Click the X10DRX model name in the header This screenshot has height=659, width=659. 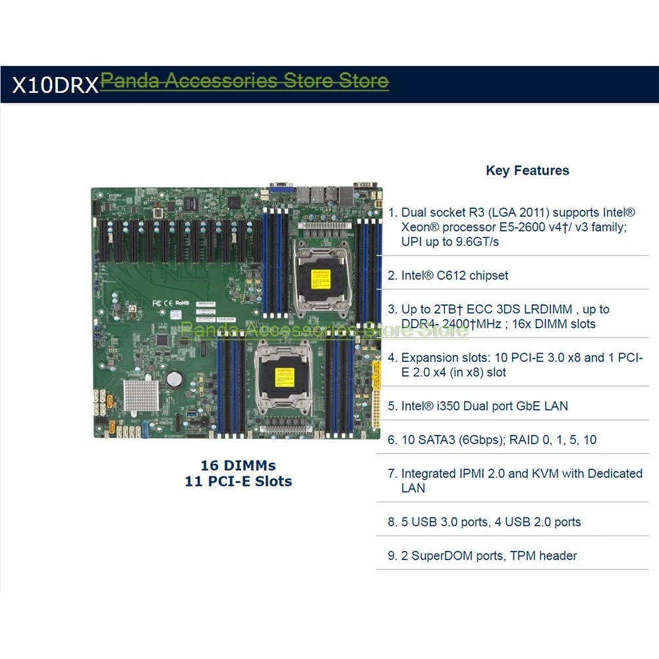pos(55,85)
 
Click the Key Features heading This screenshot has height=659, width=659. pos(527,171)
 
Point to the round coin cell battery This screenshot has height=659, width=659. pos(174,378)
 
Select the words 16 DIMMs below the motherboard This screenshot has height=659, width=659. pos(238,465)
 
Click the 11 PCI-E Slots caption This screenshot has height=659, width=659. pos(238,481)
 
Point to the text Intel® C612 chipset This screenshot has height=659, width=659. pos(455,275)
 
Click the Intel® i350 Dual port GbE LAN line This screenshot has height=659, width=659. pos(484,406)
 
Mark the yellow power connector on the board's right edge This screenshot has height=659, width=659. pos(376,395)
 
